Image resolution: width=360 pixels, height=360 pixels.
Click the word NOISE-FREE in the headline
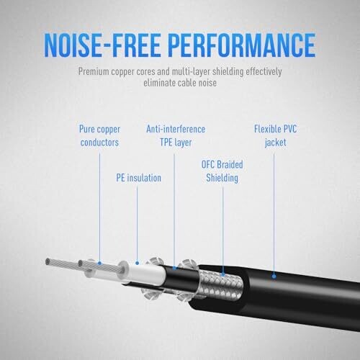coord(102,45)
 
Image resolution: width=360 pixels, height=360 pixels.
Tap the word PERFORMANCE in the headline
coord(242,45)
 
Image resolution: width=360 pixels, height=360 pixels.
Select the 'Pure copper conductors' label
coord(99,135)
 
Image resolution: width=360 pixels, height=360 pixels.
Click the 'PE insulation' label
coord(138,178)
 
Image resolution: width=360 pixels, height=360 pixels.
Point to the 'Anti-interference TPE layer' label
coord(176,135)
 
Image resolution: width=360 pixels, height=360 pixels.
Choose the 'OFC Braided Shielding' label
coord(222,171)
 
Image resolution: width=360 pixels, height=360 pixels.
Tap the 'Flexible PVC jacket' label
coord(275,135)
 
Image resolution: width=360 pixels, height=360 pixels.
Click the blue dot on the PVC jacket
coord(274,276)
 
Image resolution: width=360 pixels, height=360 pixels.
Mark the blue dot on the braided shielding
coord(223,274)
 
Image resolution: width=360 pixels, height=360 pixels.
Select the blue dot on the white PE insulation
coord(137,264)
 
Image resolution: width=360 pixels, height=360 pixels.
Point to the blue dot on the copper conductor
coord(99,264)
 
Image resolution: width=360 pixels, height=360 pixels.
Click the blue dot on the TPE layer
coord(174,268)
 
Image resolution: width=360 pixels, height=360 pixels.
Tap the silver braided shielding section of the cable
coord(221,285)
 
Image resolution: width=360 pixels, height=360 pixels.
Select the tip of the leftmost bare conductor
coord(48,261)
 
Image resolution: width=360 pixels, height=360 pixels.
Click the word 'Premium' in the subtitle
coord(94,71)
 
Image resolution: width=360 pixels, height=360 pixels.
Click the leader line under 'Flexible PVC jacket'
coord(274,214)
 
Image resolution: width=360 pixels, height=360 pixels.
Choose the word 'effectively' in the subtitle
coord(264,71)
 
